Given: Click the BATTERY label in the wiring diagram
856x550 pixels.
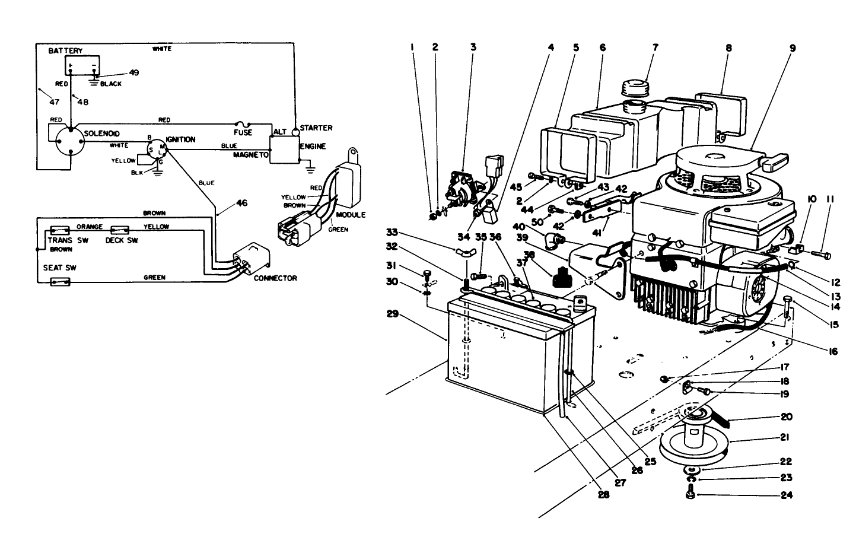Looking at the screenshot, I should [65, 51].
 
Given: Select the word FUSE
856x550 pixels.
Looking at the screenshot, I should [243, 132].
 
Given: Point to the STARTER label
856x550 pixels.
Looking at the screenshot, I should [316, 128].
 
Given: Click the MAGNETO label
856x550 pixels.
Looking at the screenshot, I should [251, 154].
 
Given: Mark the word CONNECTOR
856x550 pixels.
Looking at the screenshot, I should [275, 278].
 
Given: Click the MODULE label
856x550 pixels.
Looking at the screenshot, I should [351, 214].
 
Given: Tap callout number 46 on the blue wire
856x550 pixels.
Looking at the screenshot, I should [241, 203].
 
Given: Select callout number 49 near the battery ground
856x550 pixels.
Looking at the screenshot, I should [134, 72].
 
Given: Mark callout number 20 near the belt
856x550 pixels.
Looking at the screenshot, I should [787, 417].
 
